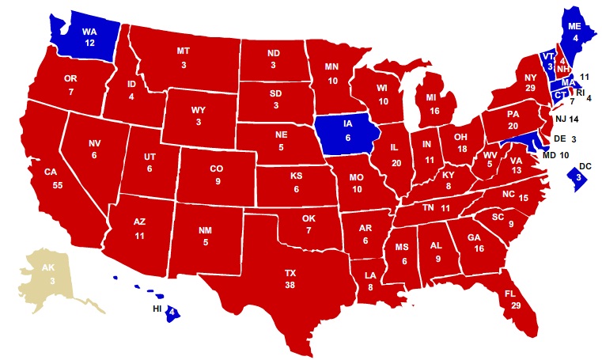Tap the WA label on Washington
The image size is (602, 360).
pyautogui.click(x=89, y=32)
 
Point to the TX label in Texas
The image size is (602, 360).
pyautogui.click(x=290, y=272)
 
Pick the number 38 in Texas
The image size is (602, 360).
pyautogui.click(x=290, y=285)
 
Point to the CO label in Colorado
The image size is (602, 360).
pyautogui.click(x=216, y=169)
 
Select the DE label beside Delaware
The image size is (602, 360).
pyautogui.click(x=560, y=138)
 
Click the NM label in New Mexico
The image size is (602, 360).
pyautogui.click(x=205, y=230)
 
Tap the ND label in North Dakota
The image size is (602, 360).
pyautogui.click(x=274, y=55)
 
